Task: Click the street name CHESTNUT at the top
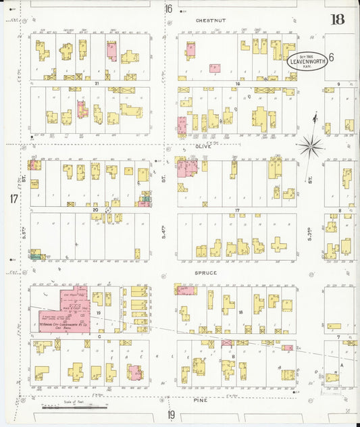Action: click(210, 21)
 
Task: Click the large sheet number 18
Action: click(338, 19)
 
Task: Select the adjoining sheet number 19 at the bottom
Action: click(171, 414)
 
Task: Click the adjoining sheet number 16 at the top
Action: click(168, 9)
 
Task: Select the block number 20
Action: click(95, 210)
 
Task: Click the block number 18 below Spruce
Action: click(240, 312)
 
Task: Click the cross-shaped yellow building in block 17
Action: click(279, 244)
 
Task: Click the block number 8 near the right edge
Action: click(339, 211)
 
